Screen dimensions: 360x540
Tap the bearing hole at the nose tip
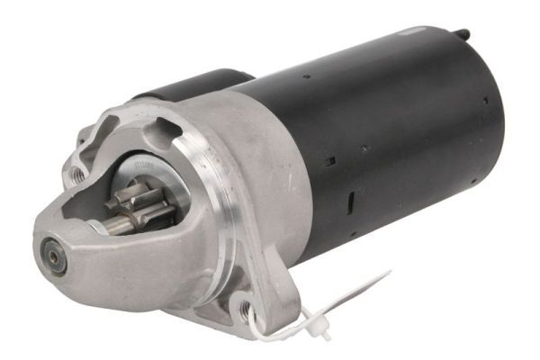pyautogui.click(x=57, y=256)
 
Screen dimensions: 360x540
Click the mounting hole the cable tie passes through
pyautogui.click(x=246, y=311)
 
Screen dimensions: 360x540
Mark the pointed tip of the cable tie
pyautogui.click(x=389, y=272)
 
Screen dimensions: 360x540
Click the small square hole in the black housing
pyautogui.click(x=330, y=161)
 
